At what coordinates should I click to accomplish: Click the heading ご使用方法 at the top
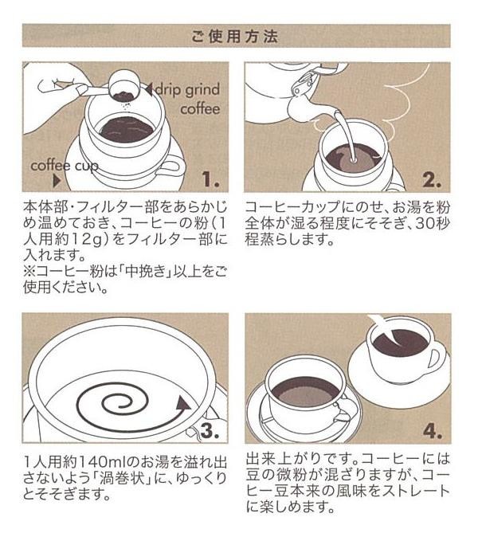coord(235,36)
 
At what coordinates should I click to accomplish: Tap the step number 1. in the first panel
coord(210,178)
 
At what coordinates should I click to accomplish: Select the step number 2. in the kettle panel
coord(432,178)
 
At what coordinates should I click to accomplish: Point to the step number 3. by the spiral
coord(210,430)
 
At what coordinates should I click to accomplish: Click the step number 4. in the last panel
coord(432,430)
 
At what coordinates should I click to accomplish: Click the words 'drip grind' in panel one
coord(188,90)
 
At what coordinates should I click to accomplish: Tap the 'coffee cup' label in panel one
coord(65,166)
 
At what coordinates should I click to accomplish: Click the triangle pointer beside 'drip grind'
coord(149,89)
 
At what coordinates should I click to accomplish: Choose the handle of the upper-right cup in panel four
coord(437,359)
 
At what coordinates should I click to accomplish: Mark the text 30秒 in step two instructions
coord(432,224)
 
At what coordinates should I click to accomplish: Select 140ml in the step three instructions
coord(101,462)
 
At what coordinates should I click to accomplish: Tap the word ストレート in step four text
coord(411,491)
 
